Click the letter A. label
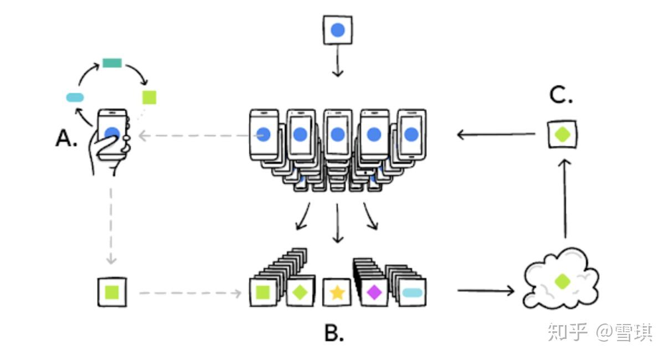click(66, 139)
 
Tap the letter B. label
click(334, 332)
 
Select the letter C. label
click(560, 96)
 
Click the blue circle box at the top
click(338, 30)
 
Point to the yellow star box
click(337, 292)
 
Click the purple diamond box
click(374, 292)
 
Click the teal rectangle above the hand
click(112, 63)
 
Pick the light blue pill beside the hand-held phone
click(75, 97)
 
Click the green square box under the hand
click(112, 292)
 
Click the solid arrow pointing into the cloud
click(486, 290)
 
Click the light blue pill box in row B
click(411, 292)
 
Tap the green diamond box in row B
click(300, 292)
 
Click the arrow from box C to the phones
click(496, 134)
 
